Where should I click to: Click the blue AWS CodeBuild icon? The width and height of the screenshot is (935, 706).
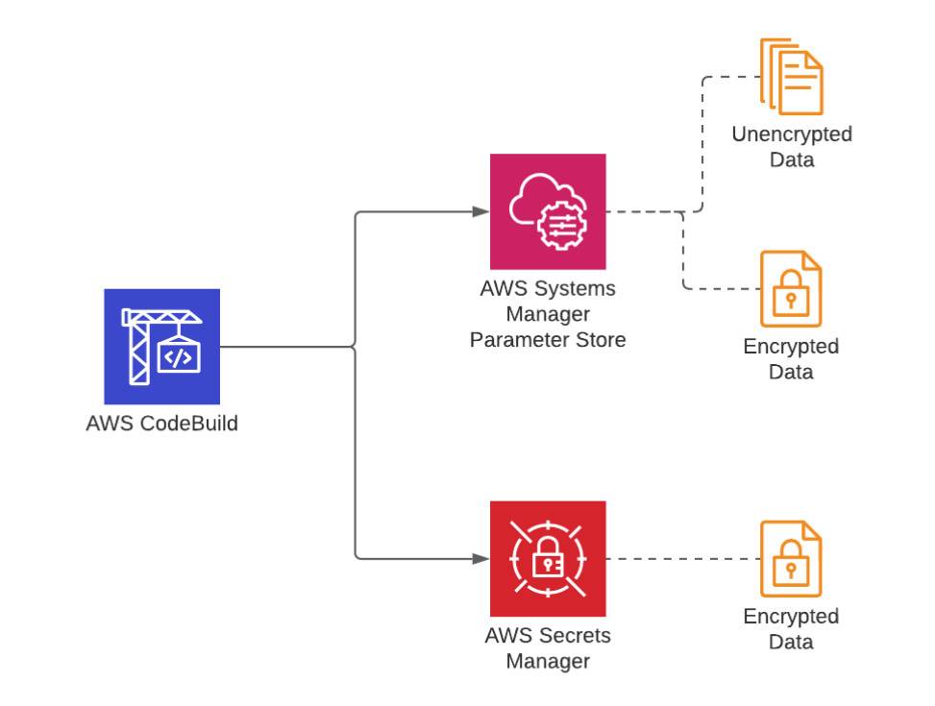[161, 346]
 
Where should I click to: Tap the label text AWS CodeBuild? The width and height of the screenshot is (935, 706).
[161, 423]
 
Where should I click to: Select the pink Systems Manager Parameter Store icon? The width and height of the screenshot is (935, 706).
[548, 211]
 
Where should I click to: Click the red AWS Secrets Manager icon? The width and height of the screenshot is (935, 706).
[548, 558]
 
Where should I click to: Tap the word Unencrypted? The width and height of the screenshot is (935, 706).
[792, 134]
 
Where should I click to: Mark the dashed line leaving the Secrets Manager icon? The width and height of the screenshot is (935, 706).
[682, 558]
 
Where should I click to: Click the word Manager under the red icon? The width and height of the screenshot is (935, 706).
[548, 661]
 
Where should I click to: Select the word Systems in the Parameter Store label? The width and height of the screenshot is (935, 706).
[577, 288]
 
